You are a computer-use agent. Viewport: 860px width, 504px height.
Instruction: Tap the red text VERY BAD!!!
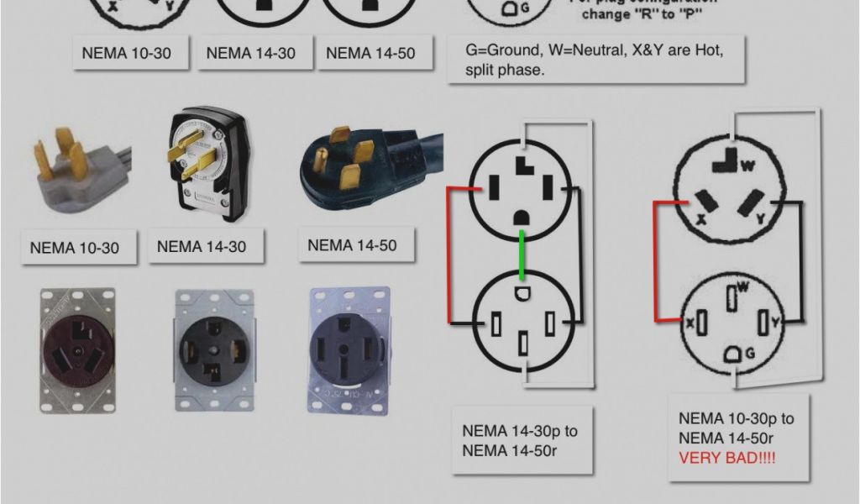(x=727, y=458)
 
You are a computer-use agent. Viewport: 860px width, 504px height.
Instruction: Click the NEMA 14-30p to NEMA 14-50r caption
(x=520, y=440)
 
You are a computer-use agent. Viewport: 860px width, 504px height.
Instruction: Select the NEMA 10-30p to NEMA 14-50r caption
(x=736, y=428)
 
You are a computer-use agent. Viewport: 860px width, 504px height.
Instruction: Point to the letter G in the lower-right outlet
(x=748, y=355)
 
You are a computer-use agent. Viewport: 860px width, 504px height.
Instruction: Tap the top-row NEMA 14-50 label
(x=370, y=53)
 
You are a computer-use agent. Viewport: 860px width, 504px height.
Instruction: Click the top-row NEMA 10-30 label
(x=126, y=53)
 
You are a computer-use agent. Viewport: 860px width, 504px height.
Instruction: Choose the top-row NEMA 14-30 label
(x=251, y=53)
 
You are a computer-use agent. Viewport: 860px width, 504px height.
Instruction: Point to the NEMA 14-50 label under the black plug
(x=352, y=246)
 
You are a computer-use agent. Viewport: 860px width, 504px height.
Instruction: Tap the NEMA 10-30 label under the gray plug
(x=74, y=248)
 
